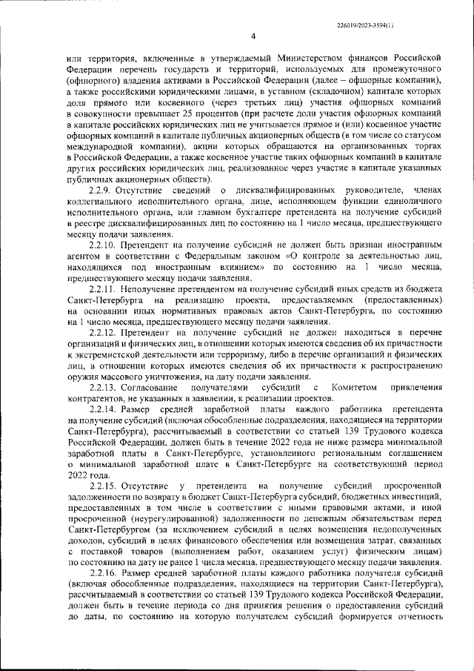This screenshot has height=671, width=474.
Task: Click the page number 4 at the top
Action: [x=253, y=36]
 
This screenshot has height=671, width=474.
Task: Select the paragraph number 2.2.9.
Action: [x=101, y=191]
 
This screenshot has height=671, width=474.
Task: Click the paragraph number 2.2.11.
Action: [x=104, y=285]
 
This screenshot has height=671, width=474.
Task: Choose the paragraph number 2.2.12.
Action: [x=104, y=327]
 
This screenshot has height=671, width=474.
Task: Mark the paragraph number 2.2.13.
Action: [x=104, y=389]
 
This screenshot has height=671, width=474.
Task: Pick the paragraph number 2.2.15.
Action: [x=104, y=485]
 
